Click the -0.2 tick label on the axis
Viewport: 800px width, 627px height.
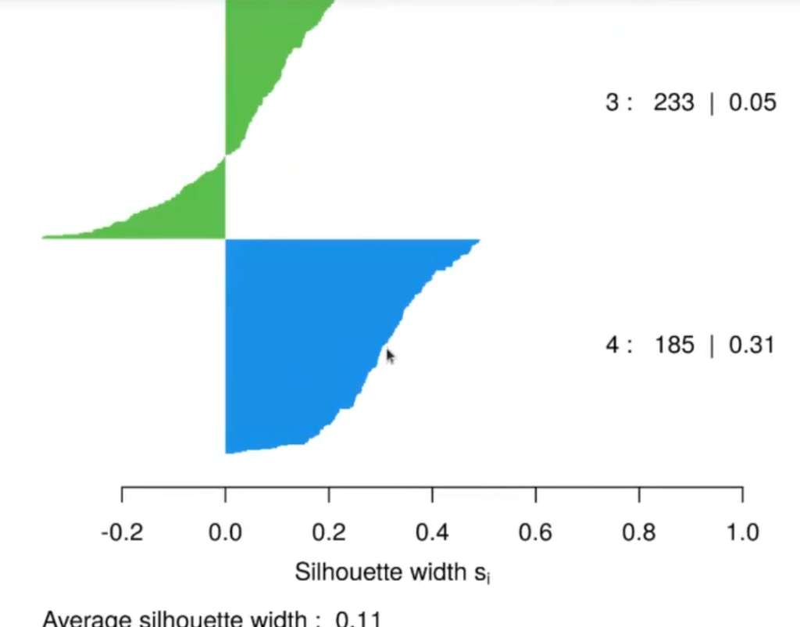click(122, 533)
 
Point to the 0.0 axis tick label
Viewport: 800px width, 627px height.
click(225, 533)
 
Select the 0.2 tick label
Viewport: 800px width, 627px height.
click(329, 533)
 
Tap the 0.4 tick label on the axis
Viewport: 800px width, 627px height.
click(432, 533)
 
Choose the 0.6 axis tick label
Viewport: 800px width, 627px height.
click(535, 533)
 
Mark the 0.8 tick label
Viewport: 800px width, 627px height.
click(639, 533)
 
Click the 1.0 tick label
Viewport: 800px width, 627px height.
click(742, 533)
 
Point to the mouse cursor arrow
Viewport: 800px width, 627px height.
click(390, 356)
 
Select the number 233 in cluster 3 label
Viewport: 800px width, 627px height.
click(673, 102)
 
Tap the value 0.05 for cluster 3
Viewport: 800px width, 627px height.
click(752, 102)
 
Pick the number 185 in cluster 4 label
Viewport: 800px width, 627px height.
click(673, 344)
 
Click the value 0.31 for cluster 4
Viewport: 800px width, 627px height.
click(751, 344)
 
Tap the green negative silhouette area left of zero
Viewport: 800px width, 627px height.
click(180, 211)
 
